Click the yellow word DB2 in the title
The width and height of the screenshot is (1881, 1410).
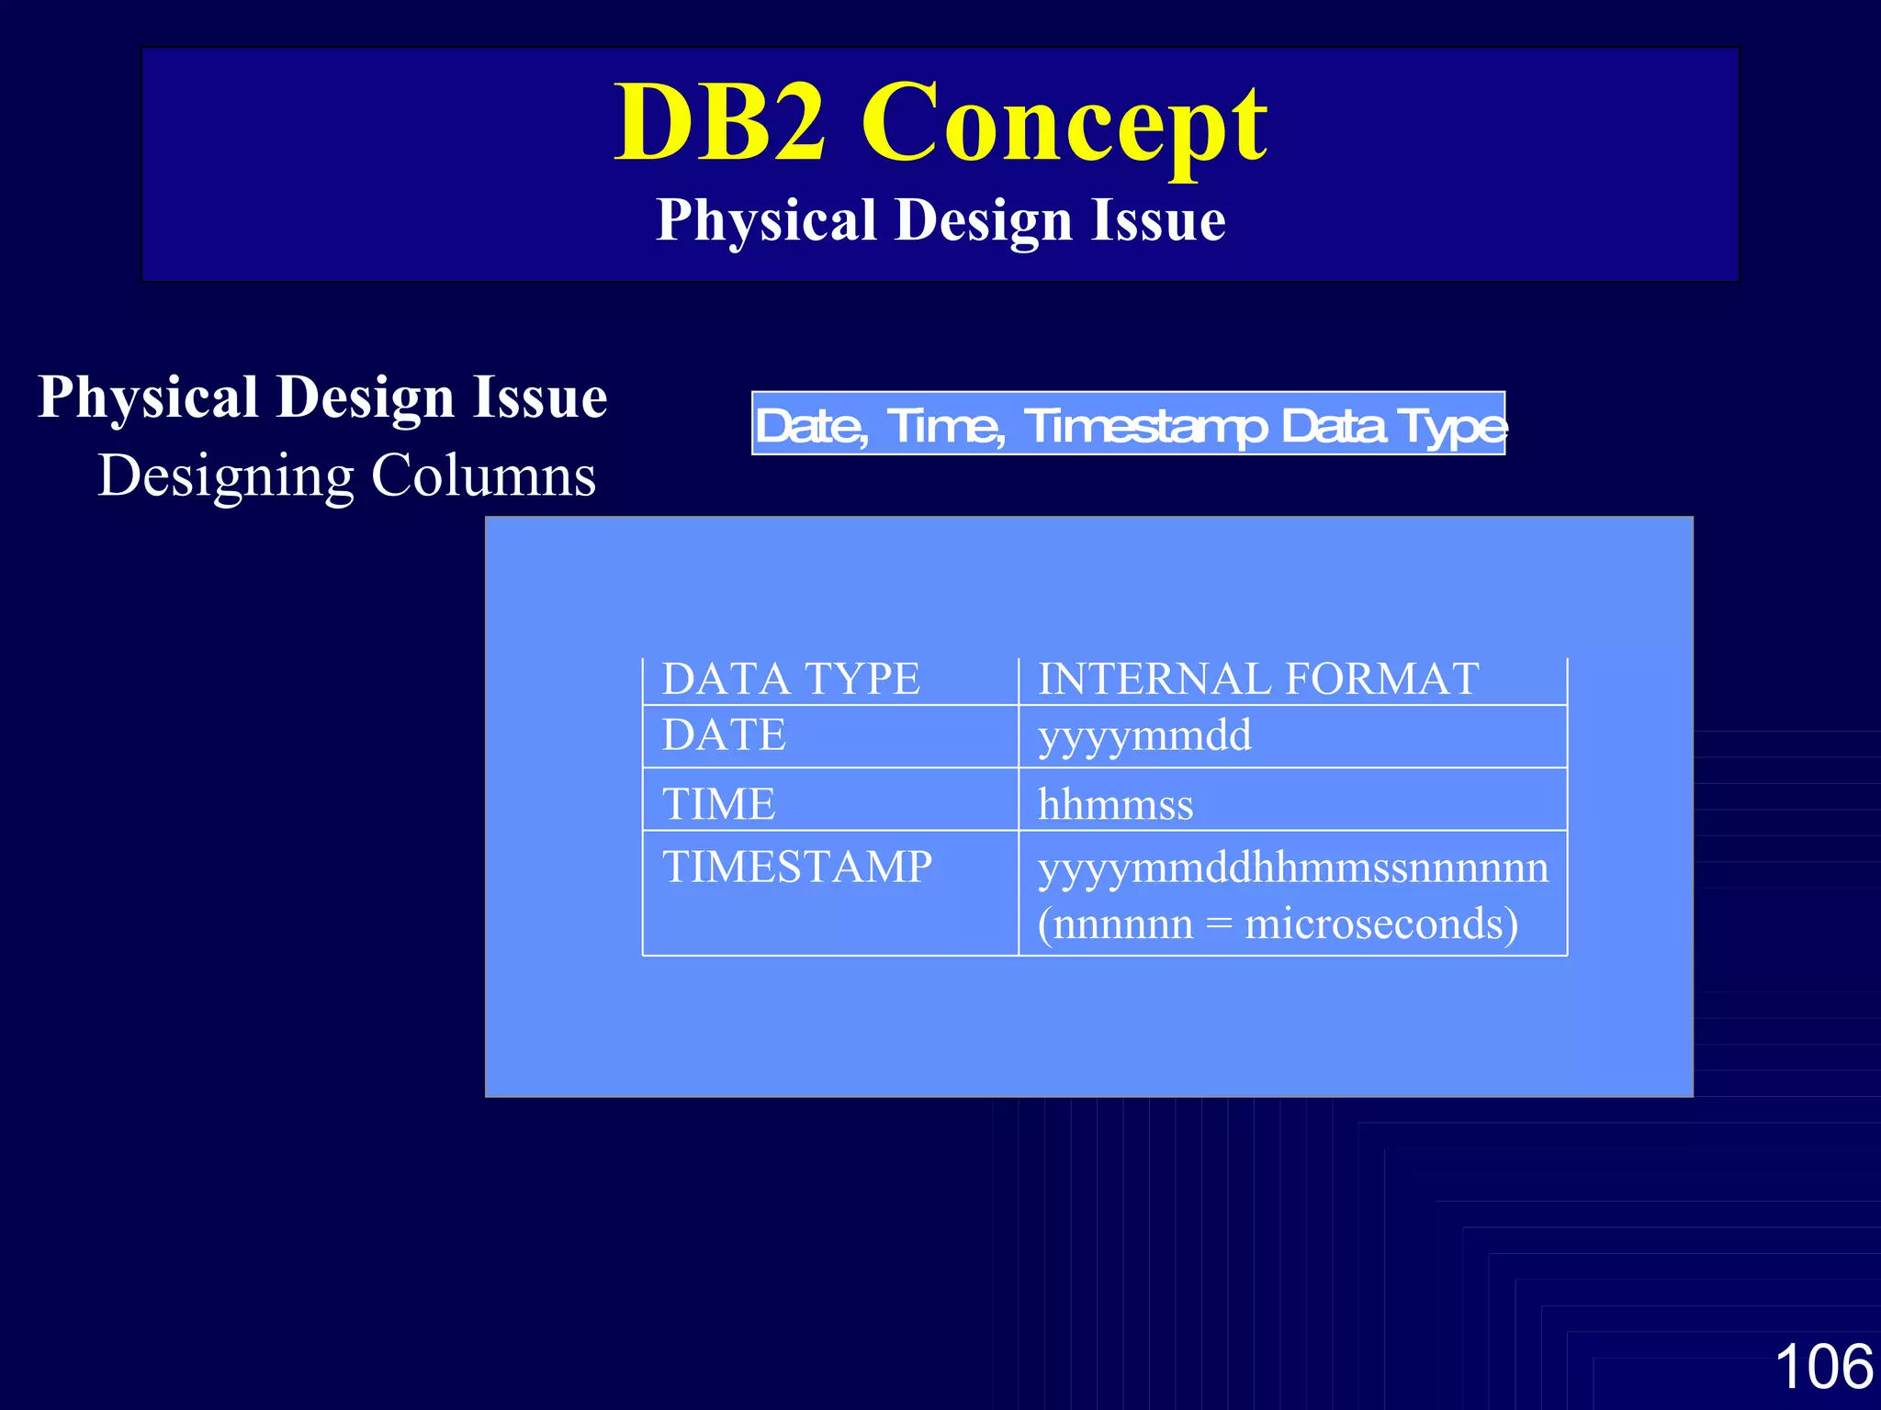pyautogui.click(x=719, y=124)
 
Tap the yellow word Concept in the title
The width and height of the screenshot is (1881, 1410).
pyautogui.click(x=1064, y=124)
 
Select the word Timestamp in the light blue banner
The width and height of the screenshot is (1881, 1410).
pyautogui.click(x=1144, y=426)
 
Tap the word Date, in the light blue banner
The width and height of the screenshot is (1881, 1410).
pyautogui.click(x=811, y=426)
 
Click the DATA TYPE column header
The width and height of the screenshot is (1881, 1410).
pyautogui.click(x=791, y=679)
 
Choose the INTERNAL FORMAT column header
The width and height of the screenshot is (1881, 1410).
pyautogui.click(x=1258, y=679)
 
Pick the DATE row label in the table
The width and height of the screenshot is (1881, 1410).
pyautogui.click(x=724, y=735)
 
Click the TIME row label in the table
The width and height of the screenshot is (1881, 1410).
pyautogui.click(x=718, y=804)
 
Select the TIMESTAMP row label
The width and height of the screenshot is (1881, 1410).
pyautogui.click(x=797, y=867)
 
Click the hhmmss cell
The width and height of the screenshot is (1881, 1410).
pyautogui.click(x=1115, y=805)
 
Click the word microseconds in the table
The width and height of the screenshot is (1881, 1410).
pyautogui.click(x=1380, y=923)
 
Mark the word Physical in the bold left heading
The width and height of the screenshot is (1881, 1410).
pyautogui.click(x=147, y=397)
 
